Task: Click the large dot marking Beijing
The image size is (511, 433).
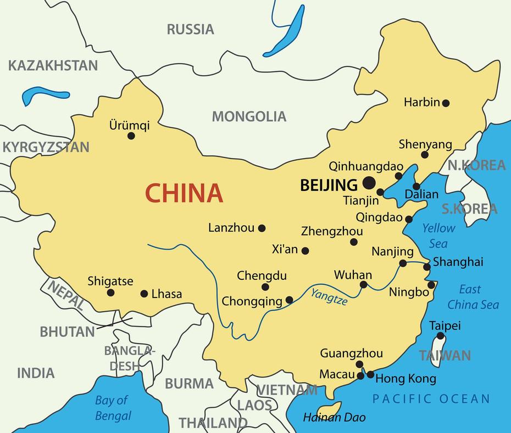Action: click(369, 183)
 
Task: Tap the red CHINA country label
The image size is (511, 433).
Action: click(184, 193)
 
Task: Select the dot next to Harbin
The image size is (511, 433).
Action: click(446, 103)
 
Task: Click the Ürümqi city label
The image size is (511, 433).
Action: click(129, 125)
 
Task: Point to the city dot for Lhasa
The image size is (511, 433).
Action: click(145, 294)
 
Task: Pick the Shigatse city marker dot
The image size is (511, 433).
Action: click(110, 293)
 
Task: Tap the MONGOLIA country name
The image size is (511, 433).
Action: click(249, 116)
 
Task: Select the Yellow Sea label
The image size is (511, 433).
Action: click(438, 235)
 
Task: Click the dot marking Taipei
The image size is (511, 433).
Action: click(441, 336)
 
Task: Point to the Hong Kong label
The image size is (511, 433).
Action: click(406, 379)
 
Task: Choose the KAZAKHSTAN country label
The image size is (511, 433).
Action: click(53, 66)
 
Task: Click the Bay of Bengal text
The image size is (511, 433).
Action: click(113, 408)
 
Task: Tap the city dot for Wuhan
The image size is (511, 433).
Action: click(363, 284)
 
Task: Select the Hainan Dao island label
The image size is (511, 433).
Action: click(334, 418)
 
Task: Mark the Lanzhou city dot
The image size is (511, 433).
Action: click(262, 228)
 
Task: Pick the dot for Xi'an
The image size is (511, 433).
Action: click(306, 251)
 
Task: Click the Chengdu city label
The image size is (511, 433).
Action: click(262, 276)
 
